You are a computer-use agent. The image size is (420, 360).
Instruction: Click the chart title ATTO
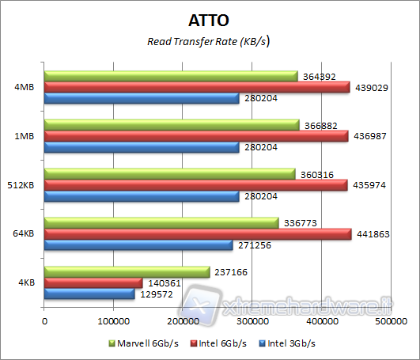pos(210,19)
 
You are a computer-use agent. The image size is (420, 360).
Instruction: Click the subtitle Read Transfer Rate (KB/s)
pos(210,42)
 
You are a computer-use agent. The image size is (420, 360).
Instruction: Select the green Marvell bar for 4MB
pos(171,77)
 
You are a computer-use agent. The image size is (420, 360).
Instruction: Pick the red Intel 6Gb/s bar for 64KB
pos(198,234)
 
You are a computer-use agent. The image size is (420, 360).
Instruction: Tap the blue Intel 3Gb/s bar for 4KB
pos(89,294)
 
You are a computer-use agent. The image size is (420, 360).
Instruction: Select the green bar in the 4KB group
pos(127,272)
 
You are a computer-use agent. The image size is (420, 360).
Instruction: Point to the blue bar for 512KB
pos(142,196)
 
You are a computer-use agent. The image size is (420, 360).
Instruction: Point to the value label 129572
pos(157,294)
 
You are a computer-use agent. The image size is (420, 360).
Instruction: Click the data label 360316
pos(317,174)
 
